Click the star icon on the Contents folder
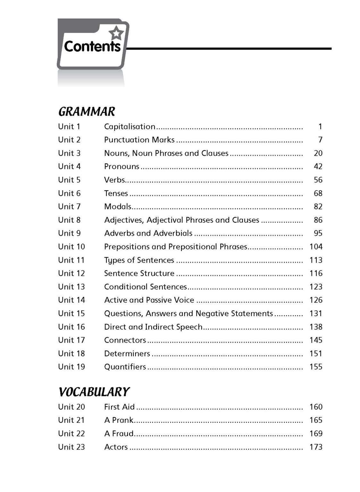coord(116,33)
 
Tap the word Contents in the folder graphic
coord(92,46)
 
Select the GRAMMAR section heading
coord(87,111)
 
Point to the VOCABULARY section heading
coord(94,392)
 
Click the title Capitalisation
coord(130,127)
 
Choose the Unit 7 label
coord(69,207)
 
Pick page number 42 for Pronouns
coord(318,167)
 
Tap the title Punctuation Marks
coord(139,140)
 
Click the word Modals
coord(118,207)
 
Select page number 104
coord(316,247)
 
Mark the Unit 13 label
coord(71,287)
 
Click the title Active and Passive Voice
coord(149,300)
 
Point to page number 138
coord(316,327)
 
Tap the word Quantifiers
coord(125,367)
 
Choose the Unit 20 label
coord(71,407)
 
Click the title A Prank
coord(119,420)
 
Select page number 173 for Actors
coord(316,447)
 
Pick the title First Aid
coord(119,407)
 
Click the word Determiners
coord(127,354)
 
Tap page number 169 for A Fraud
coord(316,433)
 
